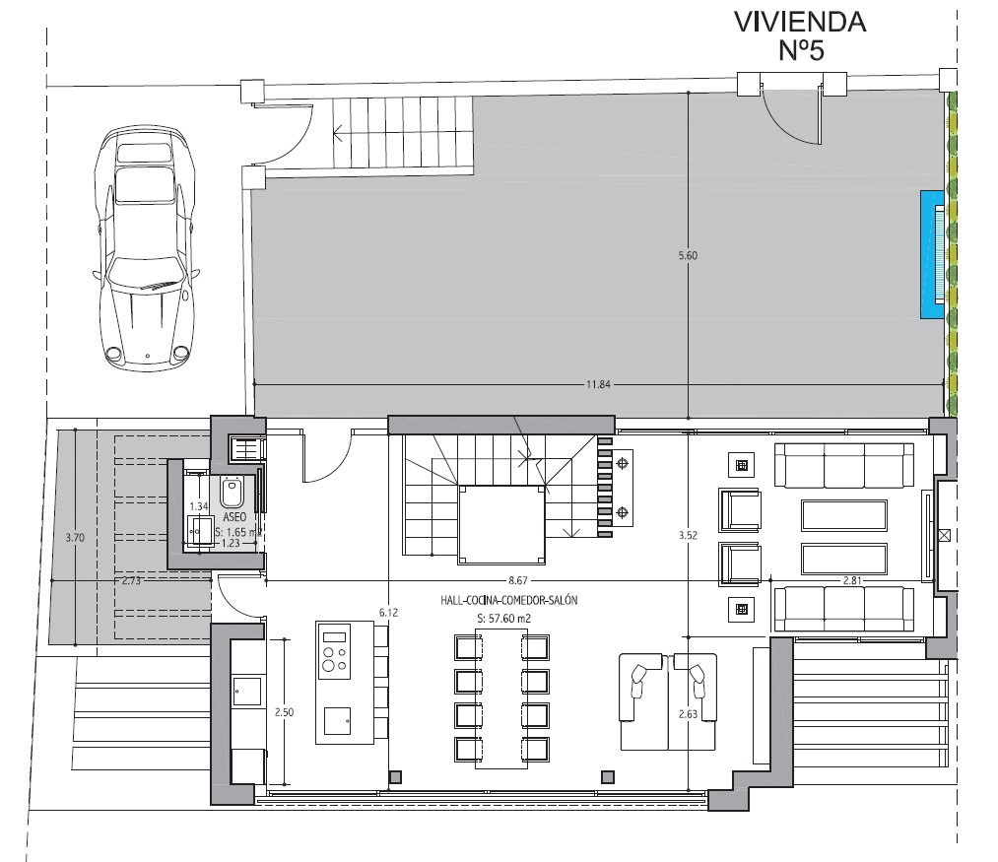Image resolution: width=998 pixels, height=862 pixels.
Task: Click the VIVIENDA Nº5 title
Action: [x=800, y=35]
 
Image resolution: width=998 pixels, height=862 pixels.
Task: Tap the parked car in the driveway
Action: [x=145, y=248]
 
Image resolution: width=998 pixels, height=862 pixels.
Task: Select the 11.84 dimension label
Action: [x=598, y=384]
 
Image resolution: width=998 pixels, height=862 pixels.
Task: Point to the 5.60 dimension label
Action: [x=688, y=255]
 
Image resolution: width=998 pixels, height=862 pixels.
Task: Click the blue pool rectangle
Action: [x=932, y=254]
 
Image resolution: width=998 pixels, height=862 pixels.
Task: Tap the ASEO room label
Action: [x=234, y=517]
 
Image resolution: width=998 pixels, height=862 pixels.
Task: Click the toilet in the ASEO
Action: [x=231, y=492]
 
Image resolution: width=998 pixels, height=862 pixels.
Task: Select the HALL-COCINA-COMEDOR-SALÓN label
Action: [x=508, y=600]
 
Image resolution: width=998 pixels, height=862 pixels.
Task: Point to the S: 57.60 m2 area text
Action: [x=503, y=618]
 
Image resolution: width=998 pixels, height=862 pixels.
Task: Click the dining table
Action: [x=501, y=698]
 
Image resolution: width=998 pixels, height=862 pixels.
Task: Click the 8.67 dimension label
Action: [x=517, y=580]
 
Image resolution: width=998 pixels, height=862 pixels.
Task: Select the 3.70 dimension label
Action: [x=75, y=537]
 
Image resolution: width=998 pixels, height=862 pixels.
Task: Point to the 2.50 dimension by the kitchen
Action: [x=284, y=712]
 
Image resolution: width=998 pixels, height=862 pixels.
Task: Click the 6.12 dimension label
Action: [x=388, y=613]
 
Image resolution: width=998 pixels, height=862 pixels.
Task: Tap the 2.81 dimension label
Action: [x=851, y=580]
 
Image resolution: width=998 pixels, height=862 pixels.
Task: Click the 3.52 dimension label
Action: [x=688, y=535]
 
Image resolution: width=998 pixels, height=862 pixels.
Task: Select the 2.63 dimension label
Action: [x=688, y=714]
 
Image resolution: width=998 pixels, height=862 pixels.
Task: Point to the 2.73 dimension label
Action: [x=131, y=580]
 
